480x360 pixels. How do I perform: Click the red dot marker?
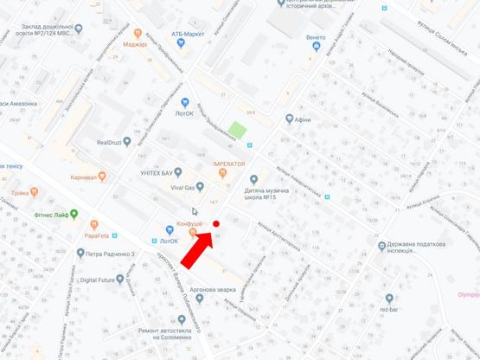pyautogui.click(x=216, y=223)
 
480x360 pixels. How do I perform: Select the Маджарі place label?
pyautogui.click(x=135, y=43)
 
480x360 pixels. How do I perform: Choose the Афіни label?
pyautogui.click(x=302, y=119)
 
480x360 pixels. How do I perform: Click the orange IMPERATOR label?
pyautogui.click(x=229, y=164)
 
